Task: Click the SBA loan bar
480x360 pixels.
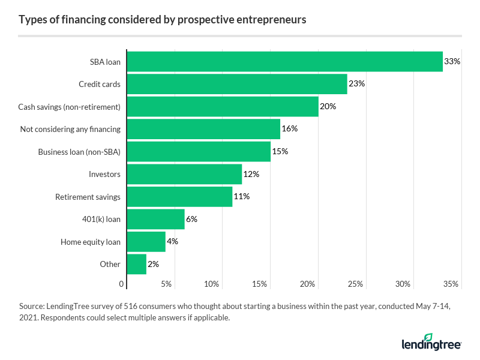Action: point(284,61)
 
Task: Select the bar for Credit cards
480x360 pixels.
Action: point(237,84)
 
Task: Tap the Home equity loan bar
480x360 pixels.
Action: point(146,242)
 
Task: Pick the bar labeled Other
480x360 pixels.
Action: point(136,264)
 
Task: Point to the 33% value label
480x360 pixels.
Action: point(452,61)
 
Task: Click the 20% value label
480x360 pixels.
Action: point(328,106)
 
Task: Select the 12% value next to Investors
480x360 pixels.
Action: point(251,174)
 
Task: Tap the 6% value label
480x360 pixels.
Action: point(191,219)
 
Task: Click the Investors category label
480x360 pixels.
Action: point(104,174)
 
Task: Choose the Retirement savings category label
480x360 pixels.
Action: point(88,197)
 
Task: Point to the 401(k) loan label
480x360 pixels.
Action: point(101,219)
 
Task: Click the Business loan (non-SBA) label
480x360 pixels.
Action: point(79,152)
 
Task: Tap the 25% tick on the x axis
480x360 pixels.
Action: point(356,284)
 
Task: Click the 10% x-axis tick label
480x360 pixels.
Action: point(212,284)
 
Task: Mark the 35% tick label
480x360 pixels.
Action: point(451,284)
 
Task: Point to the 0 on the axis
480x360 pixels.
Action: point(122,284)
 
